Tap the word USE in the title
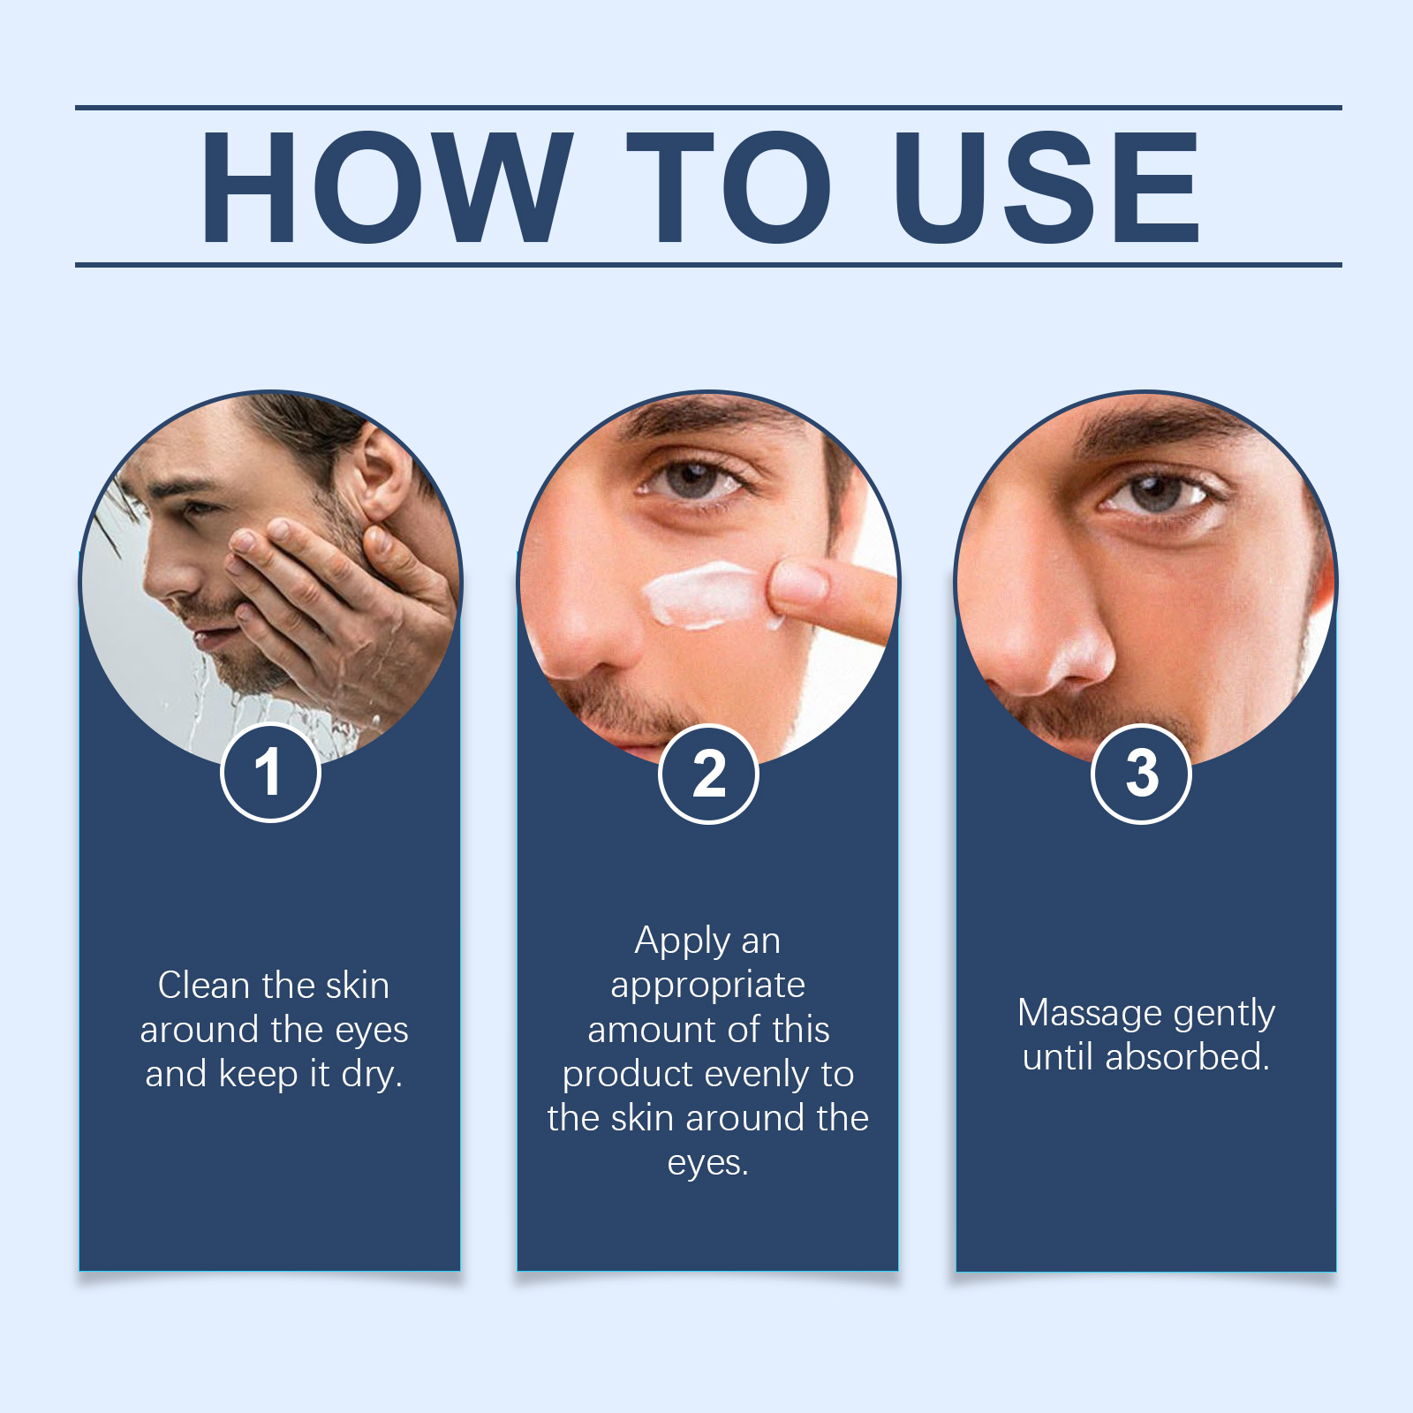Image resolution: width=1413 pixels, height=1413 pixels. [x=1046, y=186]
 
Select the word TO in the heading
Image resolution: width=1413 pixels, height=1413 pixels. [x=729, y=186]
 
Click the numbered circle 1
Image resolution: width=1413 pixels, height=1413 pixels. [x=269, y=773]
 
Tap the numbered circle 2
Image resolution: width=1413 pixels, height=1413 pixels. [x=708, y=774]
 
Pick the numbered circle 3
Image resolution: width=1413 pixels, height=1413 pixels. [x=1141, y=774]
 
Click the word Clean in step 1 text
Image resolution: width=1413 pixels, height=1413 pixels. [x=201, y=986]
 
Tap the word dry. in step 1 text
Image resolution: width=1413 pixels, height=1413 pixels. [x=372, y=1075]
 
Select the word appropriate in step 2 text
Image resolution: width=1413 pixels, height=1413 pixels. [x=707, y=986]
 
